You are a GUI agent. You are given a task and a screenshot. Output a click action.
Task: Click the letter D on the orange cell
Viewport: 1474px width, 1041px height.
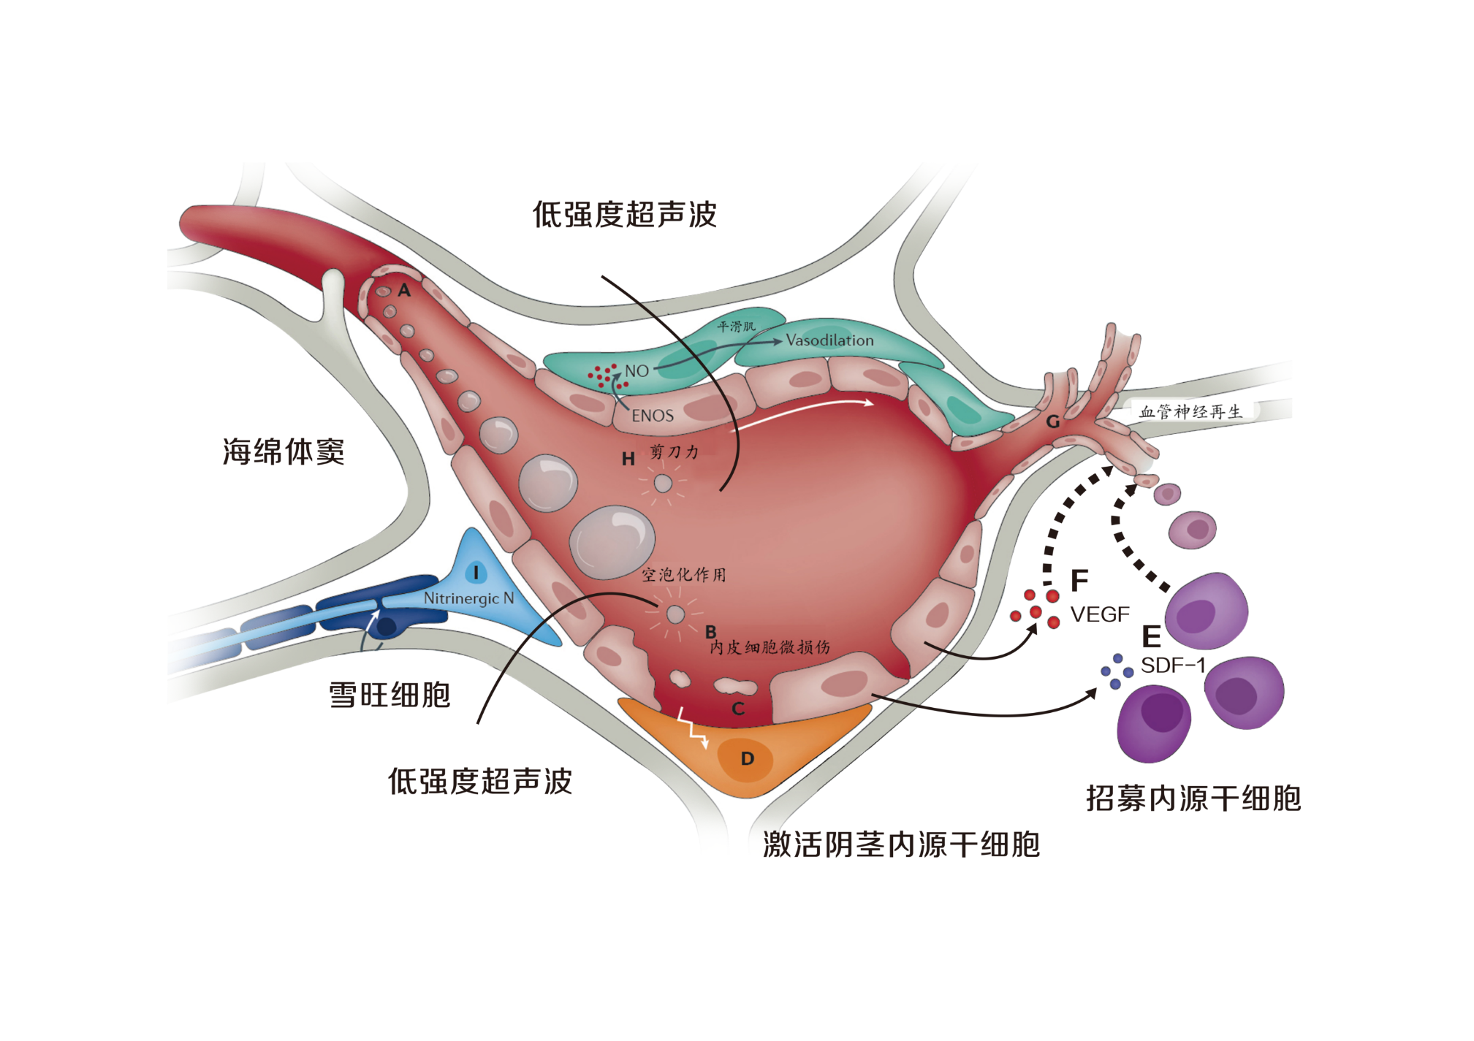tap(747, 758)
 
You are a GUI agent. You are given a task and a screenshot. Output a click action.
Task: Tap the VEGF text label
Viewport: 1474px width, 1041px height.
tap(1100, 614)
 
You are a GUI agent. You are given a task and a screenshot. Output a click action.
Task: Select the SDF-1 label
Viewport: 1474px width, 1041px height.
tap(1172, 666)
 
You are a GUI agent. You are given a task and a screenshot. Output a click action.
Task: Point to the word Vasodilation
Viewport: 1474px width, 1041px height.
tap(829, 340)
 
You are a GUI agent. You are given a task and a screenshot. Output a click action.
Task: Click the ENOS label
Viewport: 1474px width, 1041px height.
tap(653, 416)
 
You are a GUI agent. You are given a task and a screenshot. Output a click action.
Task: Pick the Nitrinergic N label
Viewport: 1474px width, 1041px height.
tap(468, 598)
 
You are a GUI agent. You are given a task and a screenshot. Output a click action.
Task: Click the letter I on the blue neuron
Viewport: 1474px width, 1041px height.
tap(476, 573)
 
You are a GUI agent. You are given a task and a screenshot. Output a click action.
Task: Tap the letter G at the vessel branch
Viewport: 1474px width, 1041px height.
tap(1052, 422)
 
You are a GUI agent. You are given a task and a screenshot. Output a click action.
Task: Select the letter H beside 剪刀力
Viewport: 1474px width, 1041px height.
tap(628, 459)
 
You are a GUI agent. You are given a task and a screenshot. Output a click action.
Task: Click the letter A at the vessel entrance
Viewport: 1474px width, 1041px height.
tap(404, 291)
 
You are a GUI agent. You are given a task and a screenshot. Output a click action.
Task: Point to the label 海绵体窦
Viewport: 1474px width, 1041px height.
tap(284, 451)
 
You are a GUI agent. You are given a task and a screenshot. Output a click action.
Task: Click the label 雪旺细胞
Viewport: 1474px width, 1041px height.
tap(389, 694)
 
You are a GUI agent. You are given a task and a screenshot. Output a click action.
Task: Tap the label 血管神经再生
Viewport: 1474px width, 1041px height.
tap(1190, 412)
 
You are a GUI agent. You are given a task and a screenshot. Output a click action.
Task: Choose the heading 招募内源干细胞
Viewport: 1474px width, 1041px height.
tap(1193, 798)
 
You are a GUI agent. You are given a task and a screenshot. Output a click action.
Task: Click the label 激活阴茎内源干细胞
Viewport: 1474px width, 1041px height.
tap(901, 844)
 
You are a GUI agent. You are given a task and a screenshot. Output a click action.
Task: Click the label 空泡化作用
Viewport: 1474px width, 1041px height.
tap(684, 575)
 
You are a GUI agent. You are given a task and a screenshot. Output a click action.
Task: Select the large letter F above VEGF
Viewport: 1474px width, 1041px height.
tap(1079, 581)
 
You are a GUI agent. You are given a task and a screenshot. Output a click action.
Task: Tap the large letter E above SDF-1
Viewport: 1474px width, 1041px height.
tap(1151, 637)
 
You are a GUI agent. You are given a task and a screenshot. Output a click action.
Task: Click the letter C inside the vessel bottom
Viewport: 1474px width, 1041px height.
tap(738, 708)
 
